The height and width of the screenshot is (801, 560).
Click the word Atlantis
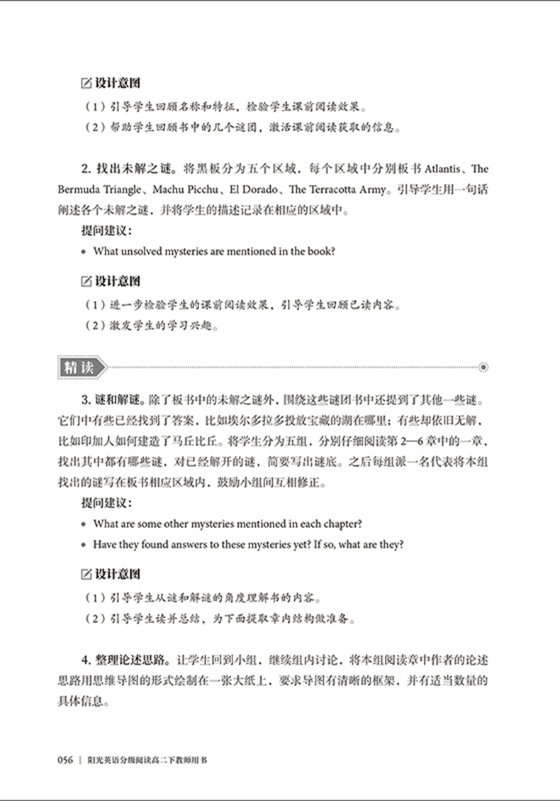pos(445,170)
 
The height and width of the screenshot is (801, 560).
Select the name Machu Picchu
pos(183,190)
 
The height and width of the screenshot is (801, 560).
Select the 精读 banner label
pos(78,368)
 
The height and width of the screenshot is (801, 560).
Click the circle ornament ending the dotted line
pos(483,368)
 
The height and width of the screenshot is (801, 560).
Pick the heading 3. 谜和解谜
pos(102,393)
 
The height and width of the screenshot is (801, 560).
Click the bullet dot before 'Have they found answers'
pos(84,546)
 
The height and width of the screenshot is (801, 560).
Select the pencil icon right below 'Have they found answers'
pos(86,573)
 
